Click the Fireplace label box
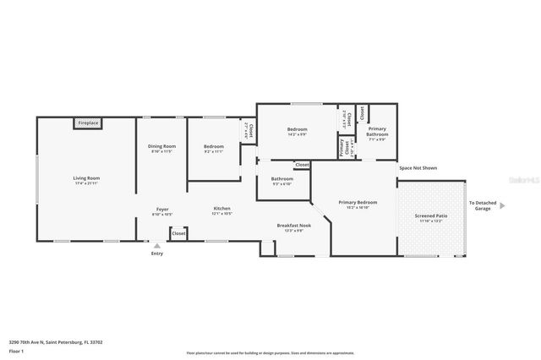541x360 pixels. coord(89,123)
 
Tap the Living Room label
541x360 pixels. coord(86,178)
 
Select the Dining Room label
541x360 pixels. coord(161,147)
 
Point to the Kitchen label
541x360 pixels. coord(221,209)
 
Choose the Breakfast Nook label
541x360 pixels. coord(294,226)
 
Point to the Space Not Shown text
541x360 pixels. coord(418,168)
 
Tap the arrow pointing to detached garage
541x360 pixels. coord(502,205)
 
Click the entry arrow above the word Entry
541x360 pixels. coord(156,246)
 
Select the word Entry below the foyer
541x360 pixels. coord(156,254)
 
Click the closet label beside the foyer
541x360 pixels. coord(178,232)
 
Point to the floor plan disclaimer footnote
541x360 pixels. coord(270,353)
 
